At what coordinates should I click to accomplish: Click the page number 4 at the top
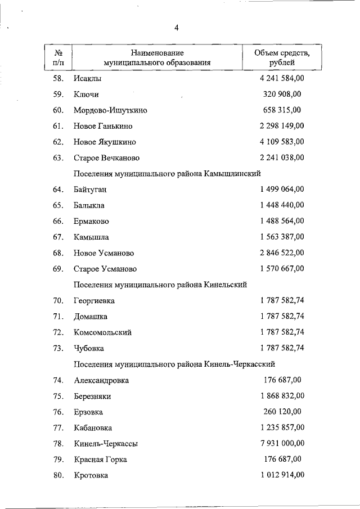(x=176, y=28)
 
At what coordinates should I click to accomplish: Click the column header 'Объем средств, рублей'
(x=282, y=58)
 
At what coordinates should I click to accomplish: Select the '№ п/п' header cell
(x=58, y=58)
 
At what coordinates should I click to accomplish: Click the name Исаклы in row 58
(x=85, y=78)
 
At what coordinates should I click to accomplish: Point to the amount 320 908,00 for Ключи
(x=282, y=94)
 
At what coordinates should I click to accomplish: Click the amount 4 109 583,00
(x=282, y=142)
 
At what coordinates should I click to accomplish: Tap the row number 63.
(x=58, y=157)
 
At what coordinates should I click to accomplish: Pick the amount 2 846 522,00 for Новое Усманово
(x=282, y=253)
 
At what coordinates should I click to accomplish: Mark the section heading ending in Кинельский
(x=160, y=285)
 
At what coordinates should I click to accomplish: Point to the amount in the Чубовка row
(x=282, y=348)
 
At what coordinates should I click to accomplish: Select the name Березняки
(x=92, y=396)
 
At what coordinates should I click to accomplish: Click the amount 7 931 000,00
(x=282, y=443)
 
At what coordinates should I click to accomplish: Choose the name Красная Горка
(x=100, y=460)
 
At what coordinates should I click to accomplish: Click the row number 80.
(x=58, y=475)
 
